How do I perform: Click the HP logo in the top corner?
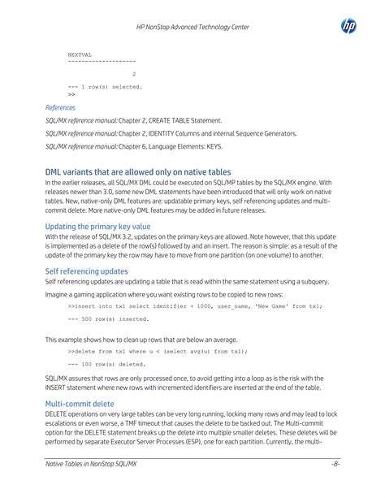point(349,28)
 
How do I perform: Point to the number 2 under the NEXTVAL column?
point(133,75)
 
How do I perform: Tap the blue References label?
point(61,107)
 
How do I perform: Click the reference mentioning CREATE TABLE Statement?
point(133,120)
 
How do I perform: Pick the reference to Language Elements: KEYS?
point(133,146)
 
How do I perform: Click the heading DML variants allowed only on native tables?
point(138,172)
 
